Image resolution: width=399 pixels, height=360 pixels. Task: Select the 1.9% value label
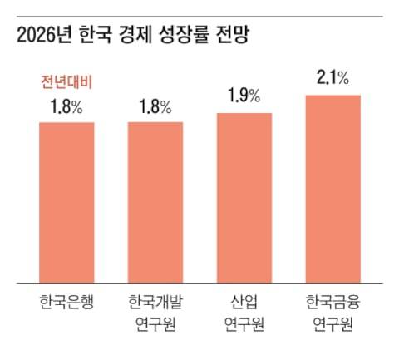click(x=244, y=96)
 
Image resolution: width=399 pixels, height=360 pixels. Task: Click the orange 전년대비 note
click(x=66, y=82)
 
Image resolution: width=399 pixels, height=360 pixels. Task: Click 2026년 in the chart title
click(x=45, y=35)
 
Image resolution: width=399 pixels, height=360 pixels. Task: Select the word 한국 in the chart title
click(x=97, y=35)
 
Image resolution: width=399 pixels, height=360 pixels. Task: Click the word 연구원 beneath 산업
click(x=244, y=323)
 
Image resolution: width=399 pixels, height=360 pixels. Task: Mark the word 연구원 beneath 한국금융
click(x=332, y=323)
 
